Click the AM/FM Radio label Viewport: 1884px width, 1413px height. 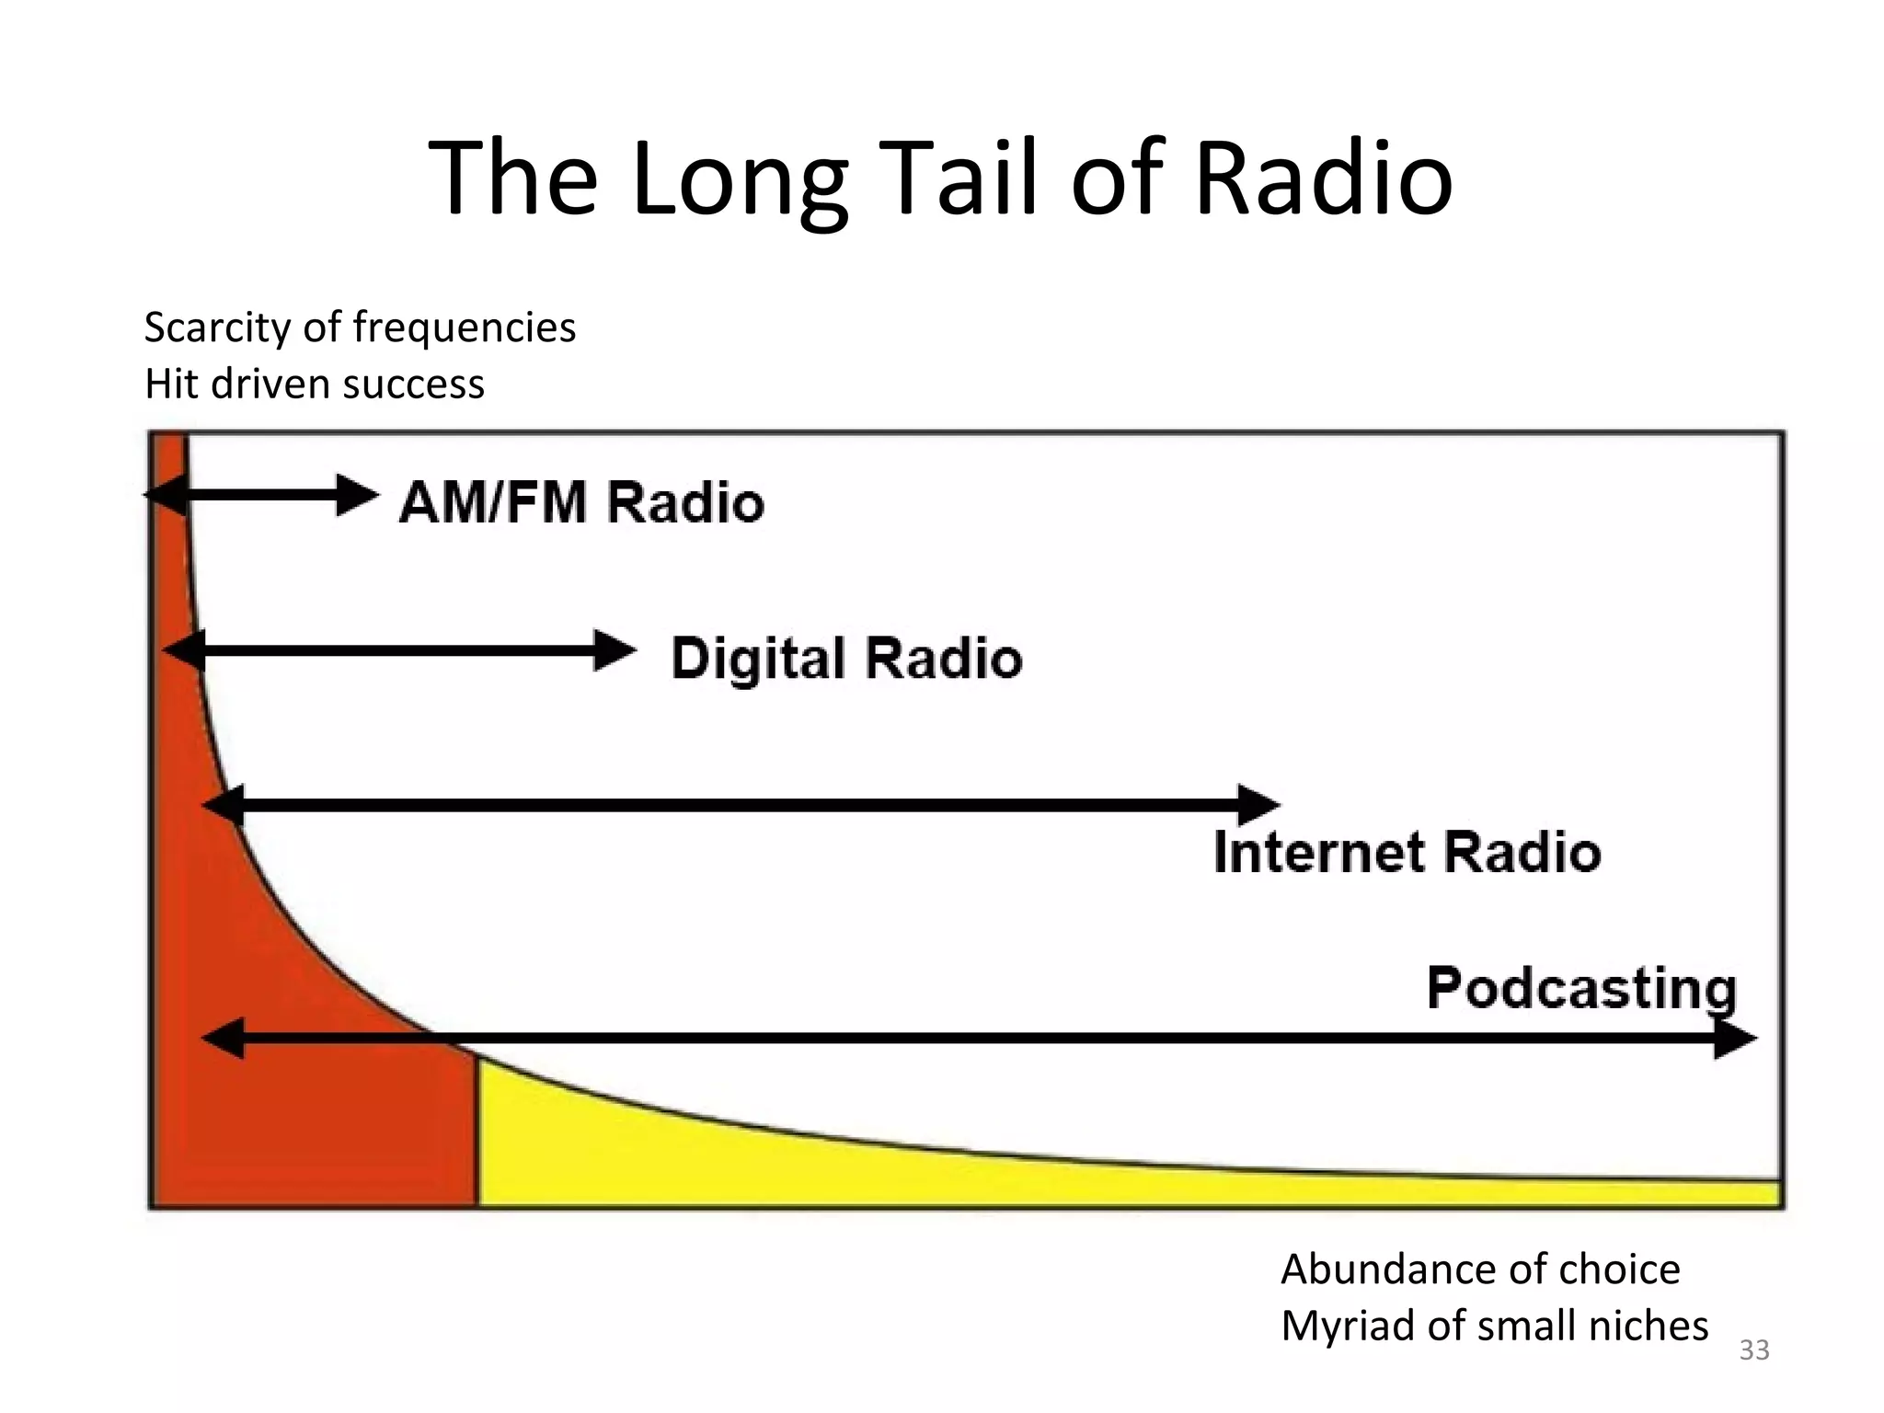(x=581, y=502)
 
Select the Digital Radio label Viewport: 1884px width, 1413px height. (x=846, y=658)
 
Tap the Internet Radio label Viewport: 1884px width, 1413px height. (x=1407, y=851)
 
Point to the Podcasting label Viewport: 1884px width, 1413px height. (x=1581, y=989)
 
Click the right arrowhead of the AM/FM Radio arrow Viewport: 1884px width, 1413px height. (x=357, y=496)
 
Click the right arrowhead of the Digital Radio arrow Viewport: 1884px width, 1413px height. (x=615, y=651)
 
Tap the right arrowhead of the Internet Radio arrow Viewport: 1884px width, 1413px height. (x=1258, y=806)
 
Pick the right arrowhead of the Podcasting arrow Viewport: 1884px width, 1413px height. (x=1735, y=1039)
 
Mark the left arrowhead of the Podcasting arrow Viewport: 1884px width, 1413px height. (x=224, y=1039)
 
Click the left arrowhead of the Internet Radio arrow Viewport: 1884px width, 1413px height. (x=224, y=806)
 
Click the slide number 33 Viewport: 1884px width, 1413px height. (x=1754, y=1350)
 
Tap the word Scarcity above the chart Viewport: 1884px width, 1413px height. (x=217, y=328)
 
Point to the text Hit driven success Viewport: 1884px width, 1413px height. (x=314, y=384)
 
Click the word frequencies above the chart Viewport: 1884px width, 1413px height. (x=465, y=328)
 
